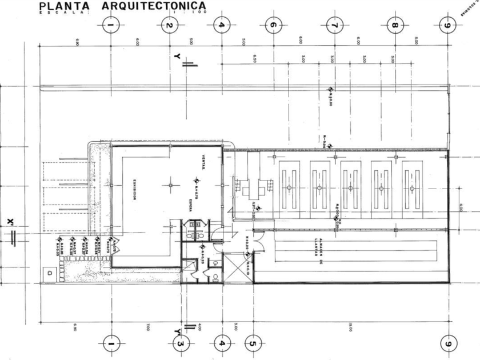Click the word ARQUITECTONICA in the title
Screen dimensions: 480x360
(154, 6)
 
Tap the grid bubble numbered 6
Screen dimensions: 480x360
(273, 25)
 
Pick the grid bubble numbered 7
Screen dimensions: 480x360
(334, 25)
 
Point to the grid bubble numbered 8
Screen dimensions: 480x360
(393, 25)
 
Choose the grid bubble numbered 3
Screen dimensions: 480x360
(179, 343)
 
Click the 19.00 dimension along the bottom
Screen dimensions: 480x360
(349, 327)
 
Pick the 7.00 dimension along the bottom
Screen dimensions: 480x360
(147, 327)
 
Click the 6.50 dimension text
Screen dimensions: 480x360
(254, 59)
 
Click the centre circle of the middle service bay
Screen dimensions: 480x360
(351, 187)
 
